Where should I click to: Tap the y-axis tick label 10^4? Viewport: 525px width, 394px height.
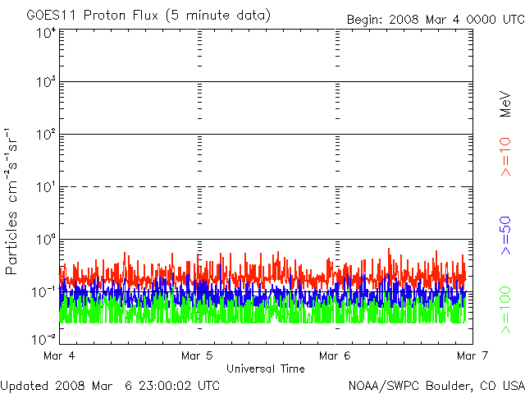pyautogui.click(x=45, y=34)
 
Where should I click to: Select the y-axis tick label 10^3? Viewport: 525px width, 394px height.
pyautogui.click(x=45, y=83)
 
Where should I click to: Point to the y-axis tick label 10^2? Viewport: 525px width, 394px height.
pyautogui.click(x=45, y=135)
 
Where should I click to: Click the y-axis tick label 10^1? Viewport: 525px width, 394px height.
pyautogui.click(x=45, y=187)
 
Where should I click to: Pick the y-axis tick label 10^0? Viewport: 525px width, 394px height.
pyautogui.click(x=45, y=240)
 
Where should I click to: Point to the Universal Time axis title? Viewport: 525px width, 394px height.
pyautogui.click(x=265, y=369)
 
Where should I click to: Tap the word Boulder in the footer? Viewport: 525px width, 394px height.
pyautogui.click(x=437, y=385)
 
